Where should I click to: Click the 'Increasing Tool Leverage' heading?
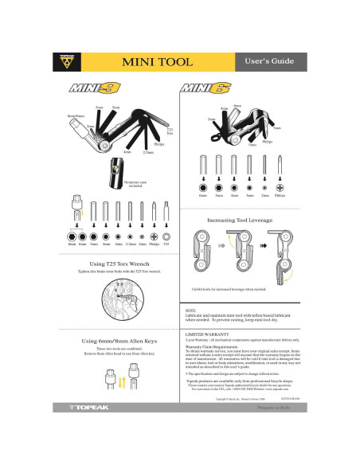[x=239, y=219]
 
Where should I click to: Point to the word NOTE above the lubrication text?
[x=190, y=310]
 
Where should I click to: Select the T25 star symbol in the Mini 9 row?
[x=166, y=236]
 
